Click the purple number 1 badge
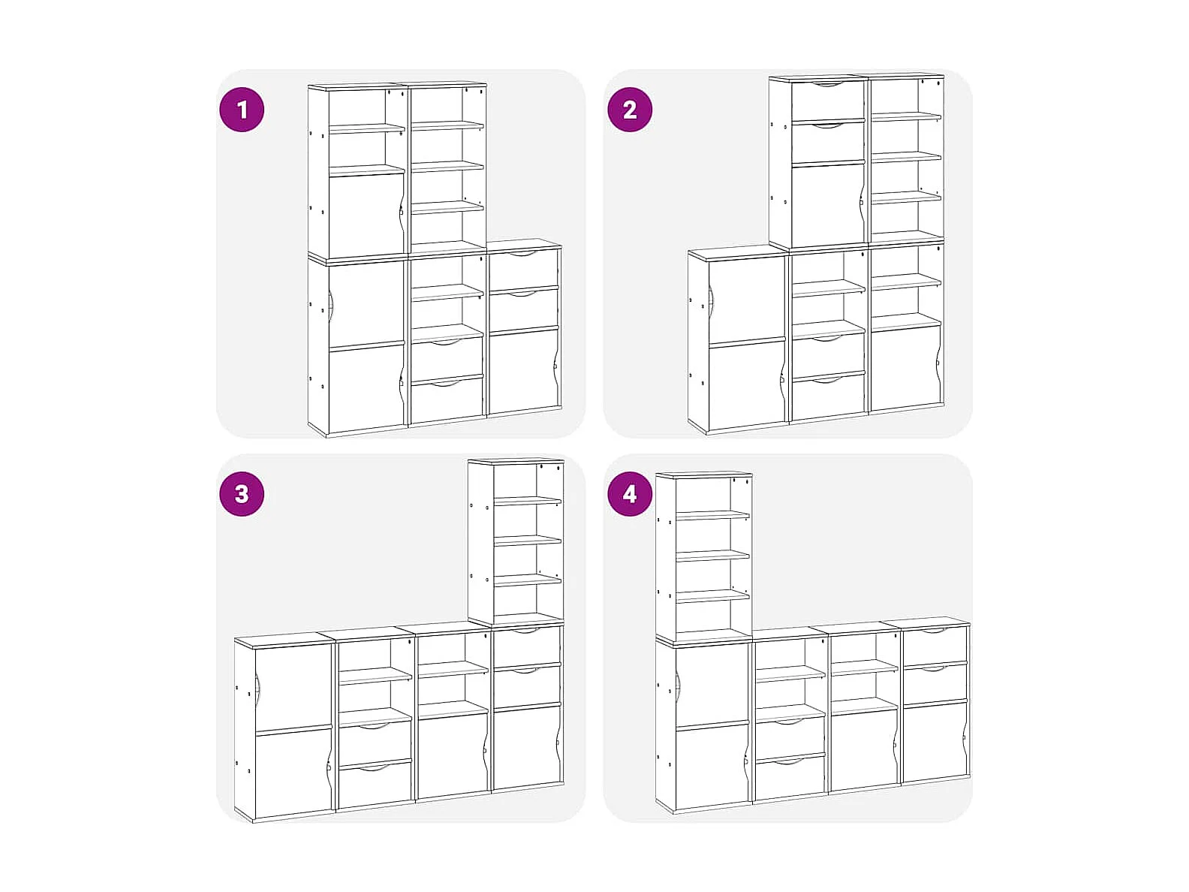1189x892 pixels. coord(242,110)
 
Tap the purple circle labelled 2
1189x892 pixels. coord(630,110)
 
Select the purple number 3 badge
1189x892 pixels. coord(242,494)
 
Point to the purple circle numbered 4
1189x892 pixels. coord(630,494)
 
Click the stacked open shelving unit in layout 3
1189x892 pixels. coord(516,542)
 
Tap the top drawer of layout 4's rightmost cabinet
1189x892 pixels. coord(935,645)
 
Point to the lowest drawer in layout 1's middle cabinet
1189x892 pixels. coord(447,399)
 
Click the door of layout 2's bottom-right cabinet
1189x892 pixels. coord(906,367)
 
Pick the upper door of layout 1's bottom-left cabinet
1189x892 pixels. coord(366,303)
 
